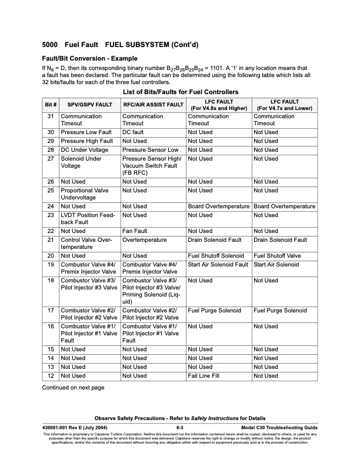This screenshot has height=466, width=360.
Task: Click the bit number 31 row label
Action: click(x=51, y=116)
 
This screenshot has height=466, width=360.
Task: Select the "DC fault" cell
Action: click(x=134, y=132)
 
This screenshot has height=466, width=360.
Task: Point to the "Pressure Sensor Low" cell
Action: click(x=150, y=150)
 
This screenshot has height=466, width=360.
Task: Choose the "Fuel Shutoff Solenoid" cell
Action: click(x=215, y=256)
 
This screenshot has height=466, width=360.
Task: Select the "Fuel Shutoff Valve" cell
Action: click(x=278, y=256)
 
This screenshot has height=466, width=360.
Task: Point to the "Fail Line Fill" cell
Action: click(x=207, y=375)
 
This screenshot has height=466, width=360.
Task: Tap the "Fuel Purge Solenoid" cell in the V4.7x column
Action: click(x=280, y=310)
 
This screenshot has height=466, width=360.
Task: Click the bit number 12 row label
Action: click(x=51, y=375)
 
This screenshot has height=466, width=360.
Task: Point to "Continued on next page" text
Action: click(x=73, y=388)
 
